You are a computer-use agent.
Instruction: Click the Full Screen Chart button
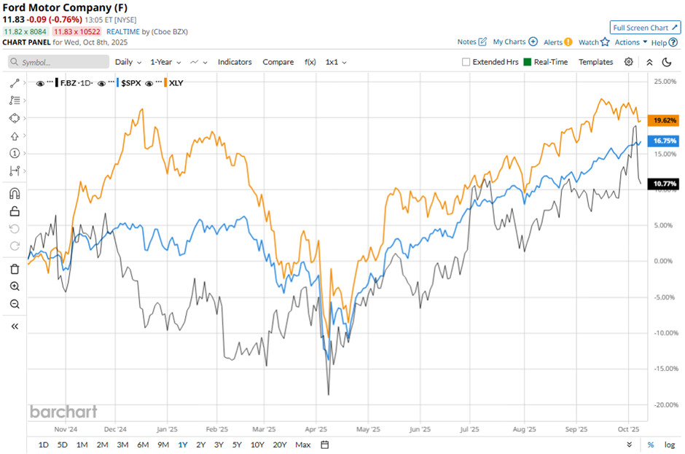point(645,28)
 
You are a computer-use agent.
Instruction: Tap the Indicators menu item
point(235,62)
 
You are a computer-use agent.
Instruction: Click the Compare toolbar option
point(278,62)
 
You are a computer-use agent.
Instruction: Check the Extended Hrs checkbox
point(466,62)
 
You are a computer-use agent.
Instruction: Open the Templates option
point(595,62)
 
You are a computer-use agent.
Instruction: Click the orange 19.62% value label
point(665,120)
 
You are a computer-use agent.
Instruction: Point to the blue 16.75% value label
point(665,141)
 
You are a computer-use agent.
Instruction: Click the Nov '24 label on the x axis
point(66,429)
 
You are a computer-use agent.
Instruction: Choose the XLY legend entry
point(176,83)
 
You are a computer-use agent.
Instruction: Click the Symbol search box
point(62,63)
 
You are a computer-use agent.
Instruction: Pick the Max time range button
point(303,445)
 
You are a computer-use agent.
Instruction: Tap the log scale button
point(668,445)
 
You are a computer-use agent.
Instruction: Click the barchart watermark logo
point(63,412)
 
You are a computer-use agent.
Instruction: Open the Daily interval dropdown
point(128,62)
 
